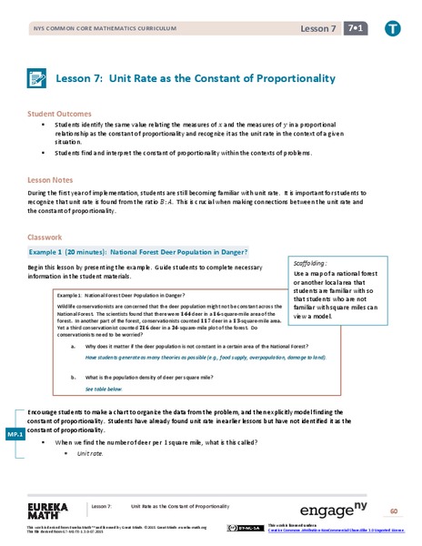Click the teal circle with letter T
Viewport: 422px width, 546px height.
[x=393, y=29]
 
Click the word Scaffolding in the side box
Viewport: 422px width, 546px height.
[x=311, y=261]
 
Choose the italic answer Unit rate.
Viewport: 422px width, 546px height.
[x=89, y=452]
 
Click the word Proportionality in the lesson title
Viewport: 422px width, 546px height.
[x=288, y=78]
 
